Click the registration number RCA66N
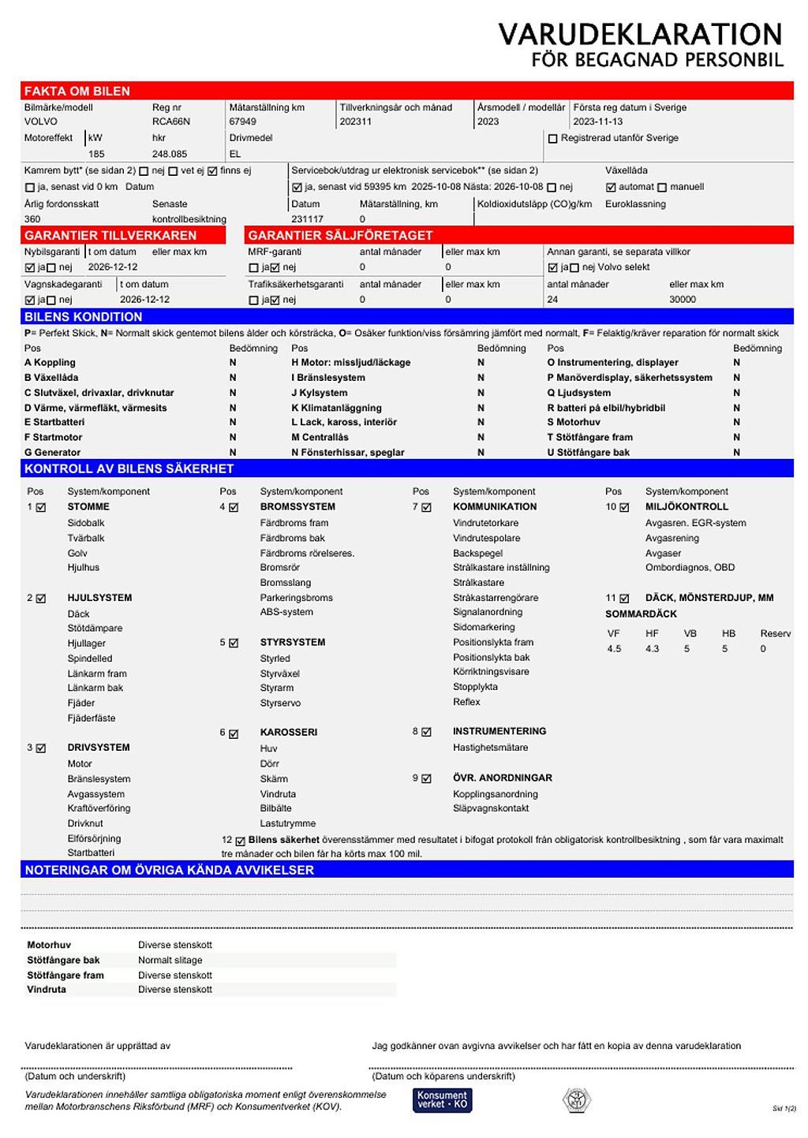[170, 121]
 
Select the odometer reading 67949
[242, 121]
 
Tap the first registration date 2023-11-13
[597, 121]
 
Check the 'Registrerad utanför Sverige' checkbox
[552, 139]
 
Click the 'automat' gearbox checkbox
[611, 188]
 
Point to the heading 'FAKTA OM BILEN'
[77, 91]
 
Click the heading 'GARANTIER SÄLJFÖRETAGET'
[340, 235]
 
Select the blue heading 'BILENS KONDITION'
[83, 317]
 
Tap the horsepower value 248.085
[170, 154]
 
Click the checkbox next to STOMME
[41, 508]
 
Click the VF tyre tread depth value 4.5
[614, 649]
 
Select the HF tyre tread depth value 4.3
[652, 649]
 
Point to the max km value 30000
[683, 300]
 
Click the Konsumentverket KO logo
[442, 1100]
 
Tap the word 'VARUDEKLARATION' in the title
[640, 35]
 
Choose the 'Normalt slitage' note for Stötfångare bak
[170, 961]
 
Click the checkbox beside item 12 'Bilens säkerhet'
[241, 841]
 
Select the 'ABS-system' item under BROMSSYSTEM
[286, 612]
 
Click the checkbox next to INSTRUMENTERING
[426, 732]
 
